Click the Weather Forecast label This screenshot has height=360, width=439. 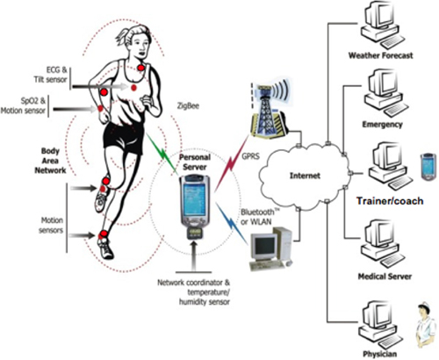tap(380, 55)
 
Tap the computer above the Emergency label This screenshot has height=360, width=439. tap(385, 93)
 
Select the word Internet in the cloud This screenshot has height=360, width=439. tap(305, 176)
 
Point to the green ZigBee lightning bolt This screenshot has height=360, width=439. tap(162, 153)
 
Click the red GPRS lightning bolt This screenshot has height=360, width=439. tap(231, 164)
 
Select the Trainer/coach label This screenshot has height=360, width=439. tap(390, 201)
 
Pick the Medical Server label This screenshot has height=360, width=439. tap(385, 277)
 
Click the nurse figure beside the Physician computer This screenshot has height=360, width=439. tap(426, 325)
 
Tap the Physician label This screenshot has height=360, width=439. tap(380, 354)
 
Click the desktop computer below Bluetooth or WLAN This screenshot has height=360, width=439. tap(270, 248)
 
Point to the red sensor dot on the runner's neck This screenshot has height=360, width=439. tap(141, 68)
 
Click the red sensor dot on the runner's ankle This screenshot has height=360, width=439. tap(104, 234)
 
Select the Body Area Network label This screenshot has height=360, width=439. tap(50, 161)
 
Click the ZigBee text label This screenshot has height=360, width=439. tap(188, 105)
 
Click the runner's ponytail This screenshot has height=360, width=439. tap(120, 37)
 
